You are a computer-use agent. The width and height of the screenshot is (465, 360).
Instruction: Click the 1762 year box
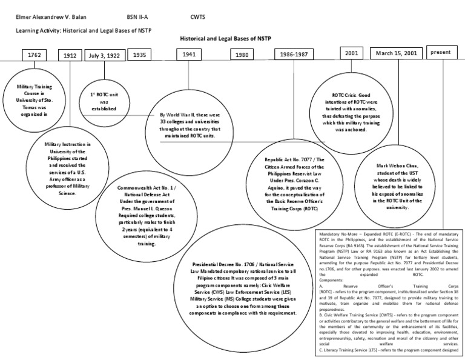click(33, 55)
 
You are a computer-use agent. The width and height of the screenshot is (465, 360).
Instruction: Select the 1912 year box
click(70, 55)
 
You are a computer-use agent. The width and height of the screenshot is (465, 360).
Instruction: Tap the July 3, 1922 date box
click(103, 55)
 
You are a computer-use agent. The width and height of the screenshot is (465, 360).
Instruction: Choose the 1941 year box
click(190, 55)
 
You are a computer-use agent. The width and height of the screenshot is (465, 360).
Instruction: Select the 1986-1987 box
click(294, 55)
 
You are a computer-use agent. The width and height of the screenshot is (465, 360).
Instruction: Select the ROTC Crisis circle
click(348, 113)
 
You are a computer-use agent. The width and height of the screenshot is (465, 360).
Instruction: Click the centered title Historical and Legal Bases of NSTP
click(225, 38)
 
